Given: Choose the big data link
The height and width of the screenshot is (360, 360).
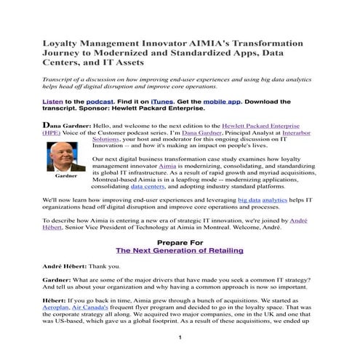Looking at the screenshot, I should tap(250, 199).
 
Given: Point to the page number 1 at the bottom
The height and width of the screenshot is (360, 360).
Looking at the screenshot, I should tap(179, 339).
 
